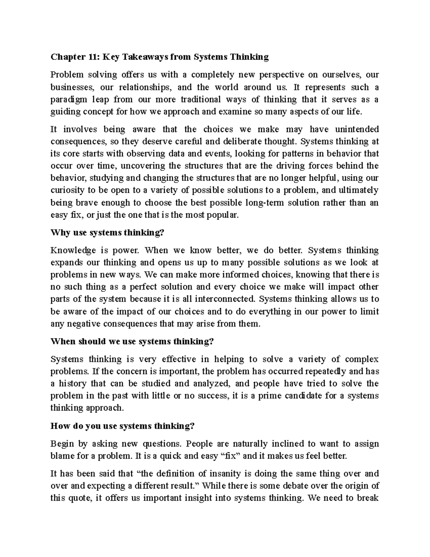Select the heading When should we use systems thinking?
coord(132,341)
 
